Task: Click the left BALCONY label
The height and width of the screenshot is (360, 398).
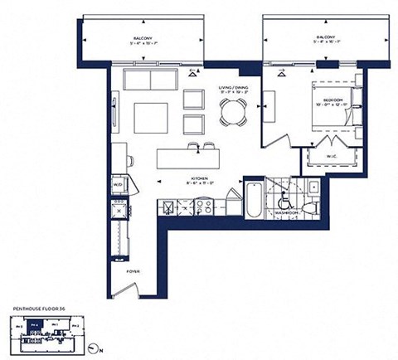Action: coord(144,37)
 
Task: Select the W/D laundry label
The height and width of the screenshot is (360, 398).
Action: coord(119,184)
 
